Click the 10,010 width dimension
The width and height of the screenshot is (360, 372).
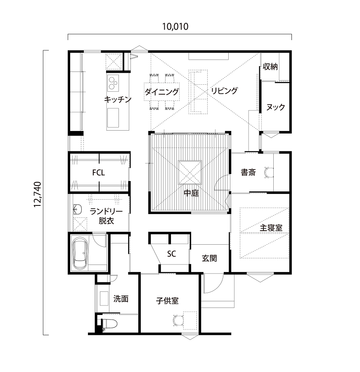175,27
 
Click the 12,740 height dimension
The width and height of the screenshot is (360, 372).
38,194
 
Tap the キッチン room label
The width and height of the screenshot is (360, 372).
118,99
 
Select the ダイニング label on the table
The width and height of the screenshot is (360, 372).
162,92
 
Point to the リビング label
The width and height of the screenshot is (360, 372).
224,91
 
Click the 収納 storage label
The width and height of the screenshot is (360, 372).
270,67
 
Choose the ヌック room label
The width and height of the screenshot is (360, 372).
275,107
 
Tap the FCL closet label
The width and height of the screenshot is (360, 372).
99,172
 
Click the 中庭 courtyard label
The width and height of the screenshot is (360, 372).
191,193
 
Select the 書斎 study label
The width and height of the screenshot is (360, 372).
248,172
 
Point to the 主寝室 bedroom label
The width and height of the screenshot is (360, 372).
271,228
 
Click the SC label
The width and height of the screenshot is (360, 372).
172,254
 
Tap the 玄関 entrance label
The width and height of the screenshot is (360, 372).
209,258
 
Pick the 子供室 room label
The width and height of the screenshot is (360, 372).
167,301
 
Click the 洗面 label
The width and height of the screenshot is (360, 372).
121,299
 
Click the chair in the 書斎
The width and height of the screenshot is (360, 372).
268,172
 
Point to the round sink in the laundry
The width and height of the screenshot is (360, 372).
77,210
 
